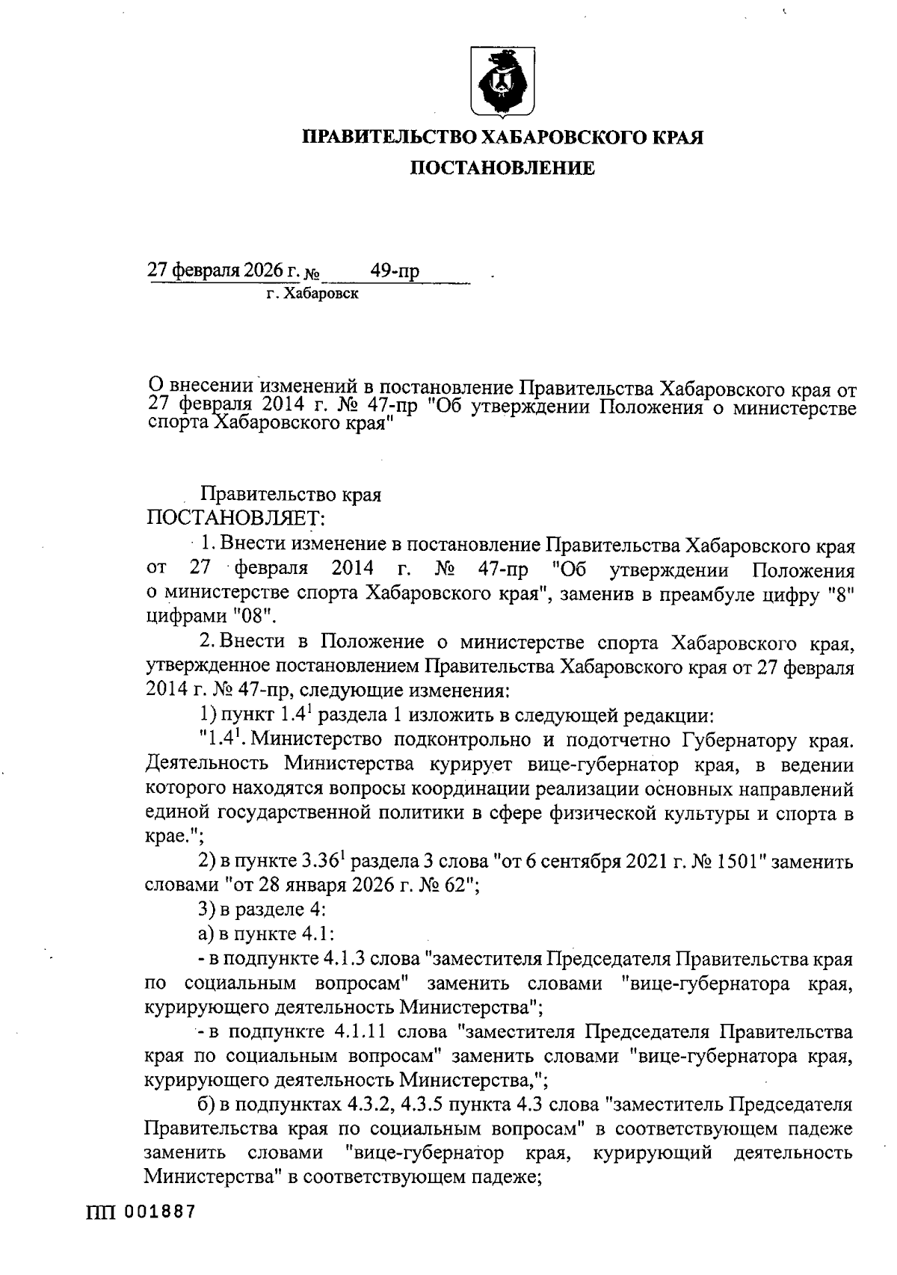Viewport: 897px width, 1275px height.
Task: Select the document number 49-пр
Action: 395,271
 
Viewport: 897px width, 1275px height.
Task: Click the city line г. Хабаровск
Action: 313,294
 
